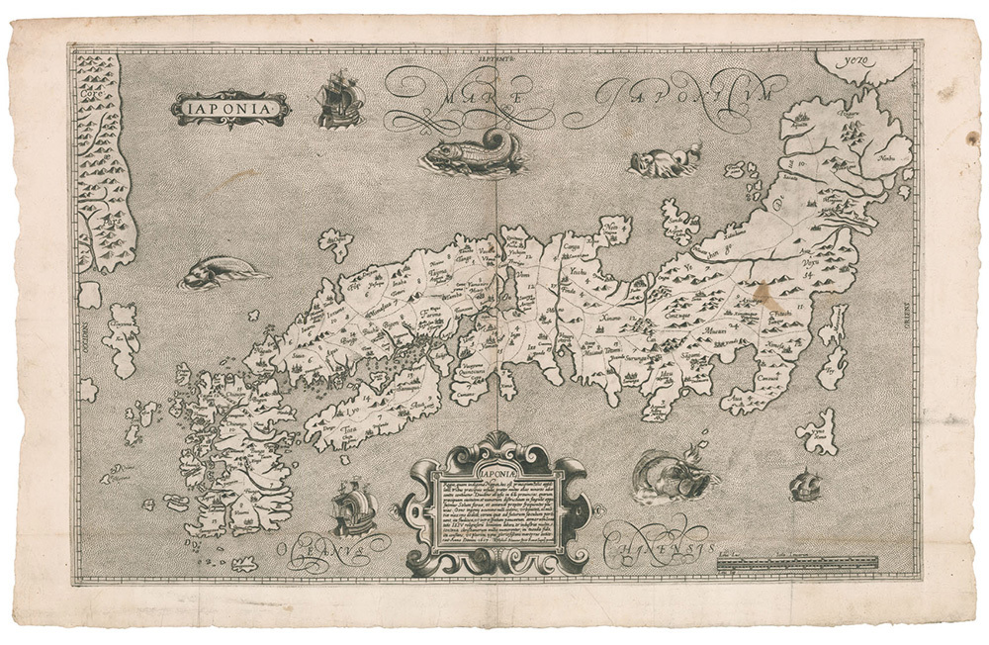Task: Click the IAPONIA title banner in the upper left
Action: [229, 107]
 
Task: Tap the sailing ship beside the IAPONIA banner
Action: [338, 99]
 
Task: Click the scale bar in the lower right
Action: [797, 562]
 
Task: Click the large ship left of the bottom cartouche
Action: [353, 507]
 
